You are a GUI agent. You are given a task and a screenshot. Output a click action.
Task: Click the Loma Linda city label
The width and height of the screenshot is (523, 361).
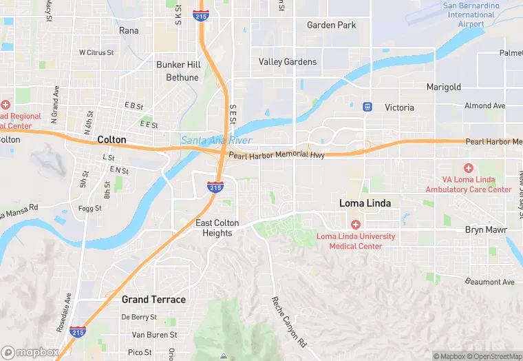365,203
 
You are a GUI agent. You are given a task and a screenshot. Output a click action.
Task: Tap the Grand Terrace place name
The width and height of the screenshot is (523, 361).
153,300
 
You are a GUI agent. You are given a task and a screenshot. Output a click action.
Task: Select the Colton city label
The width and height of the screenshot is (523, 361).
111,139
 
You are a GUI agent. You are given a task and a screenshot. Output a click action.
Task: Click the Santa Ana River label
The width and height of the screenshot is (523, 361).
216,141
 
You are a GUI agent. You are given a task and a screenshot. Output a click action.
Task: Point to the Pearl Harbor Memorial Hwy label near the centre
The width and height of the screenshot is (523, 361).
277,155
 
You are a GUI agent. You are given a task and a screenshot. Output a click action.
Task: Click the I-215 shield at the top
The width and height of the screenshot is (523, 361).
201,14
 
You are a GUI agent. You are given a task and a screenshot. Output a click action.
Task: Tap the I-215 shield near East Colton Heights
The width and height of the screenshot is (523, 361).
215,187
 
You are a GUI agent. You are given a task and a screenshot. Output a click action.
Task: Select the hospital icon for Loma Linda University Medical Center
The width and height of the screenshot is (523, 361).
355,225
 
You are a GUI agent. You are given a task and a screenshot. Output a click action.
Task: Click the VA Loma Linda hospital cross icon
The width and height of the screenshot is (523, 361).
469,168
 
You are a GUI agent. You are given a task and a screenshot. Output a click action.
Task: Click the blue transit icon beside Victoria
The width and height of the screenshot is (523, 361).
367,107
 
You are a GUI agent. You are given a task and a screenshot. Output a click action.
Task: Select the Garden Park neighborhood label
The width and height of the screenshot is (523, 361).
331,25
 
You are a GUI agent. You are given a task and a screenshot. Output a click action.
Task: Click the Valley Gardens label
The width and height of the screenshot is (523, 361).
288,61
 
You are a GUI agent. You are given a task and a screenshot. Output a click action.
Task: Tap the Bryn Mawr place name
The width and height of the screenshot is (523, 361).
486,229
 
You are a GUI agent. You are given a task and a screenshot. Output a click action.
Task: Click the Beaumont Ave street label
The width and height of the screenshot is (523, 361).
489,282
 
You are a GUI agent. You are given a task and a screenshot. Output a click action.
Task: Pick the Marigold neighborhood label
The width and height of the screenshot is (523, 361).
443,87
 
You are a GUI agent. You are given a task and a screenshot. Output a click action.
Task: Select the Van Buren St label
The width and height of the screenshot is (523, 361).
154,335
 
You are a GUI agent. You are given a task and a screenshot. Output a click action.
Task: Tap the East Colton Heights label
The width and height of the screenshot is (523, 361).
217,228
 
